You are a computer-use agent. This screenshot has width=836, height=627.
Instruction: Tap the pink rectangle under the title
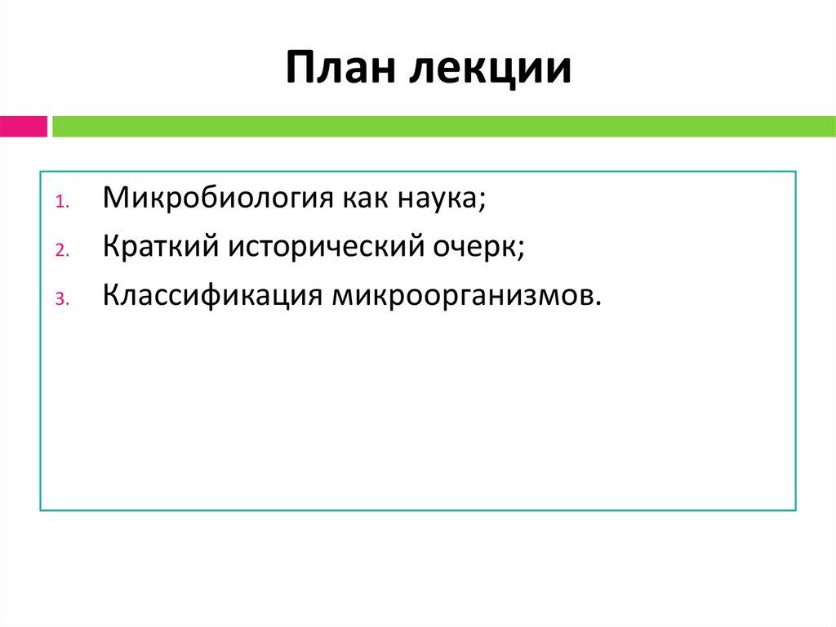click(x=23, y=126)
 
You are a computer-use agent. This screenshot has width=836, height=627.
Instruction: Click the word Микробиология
click(x=211, y=199)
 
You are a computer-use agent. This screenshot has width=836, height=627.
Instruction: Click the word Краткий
click(x=160, y=247)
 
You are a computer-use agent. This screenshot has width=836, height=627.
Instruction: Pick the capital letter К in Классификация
click(x=110, y=293)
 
